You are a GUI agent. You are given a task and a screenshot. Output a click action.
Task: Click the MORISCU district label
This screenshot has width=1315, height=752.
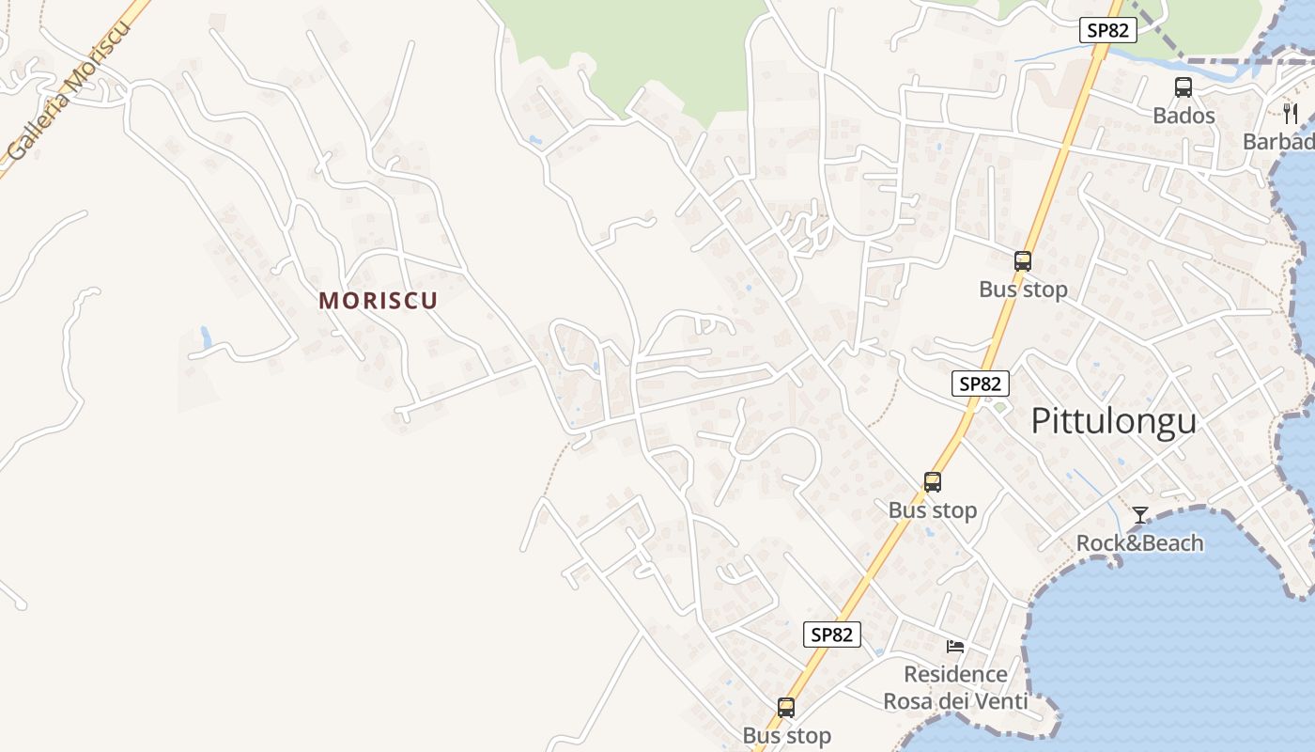coord(379,301)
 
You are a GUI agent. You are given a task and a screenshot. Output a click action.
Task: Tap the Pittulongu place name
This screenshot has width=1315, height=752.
coord(1113,421)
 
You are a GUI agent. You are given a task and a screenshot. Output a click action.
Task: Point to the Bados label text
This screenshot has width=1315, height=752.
coord(1183,116)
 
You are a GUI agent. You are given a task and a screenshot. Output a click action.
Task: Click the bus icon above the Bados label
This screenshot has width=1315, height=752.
coord(1183,87)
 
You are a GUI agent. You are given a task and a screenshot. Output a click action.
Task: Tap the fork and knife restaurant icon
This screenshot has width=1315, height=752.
coord(1291,114)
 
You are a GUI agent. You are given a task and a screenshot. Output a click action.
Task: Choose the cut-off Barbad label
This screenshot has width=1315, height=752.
coord(1278,142)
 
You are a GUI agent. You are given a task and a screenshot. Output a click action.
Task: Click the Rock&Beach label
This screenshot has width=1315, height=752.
coord(1139,543)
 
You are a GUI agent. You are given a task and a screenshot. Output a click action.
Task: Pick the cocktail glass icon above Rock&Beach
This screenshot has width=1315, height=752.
coord(1140,515)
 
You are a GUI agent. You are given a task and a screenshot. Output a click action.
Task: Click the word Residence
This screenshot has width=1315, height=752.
coord(955,674)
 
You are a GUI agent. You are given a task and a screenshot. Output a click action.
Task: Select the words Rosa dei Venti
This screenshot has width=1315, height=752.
coord(955,701)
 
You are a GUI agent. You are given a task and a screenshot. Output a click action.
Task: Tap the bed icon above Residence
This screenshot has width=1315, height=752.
coord(955,646)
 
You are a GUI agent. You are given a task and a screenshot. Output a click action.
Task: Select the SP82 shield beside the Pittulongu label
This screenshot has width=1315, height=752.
coord(981,384)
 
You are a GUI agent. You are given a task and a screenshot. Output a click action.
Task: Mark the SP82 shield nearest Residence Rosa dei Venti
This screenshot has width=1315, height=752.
coord(832,634)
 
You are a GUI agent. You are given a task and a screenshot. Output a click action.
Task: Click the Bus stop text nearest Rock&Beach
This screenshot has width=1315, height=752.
coord(933,510)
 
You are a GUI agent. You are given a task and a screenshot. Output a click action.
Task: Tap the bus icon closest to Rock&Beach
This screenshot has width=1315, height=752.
coord(933,482)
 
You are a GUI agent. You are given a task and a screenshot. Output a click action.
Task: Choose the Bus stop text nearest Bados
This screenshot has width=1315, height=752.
coord(1023,290)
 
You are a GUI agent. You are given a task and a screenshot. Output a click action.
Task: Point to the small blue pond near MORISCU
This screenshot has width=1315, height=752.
coord(206,337)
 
